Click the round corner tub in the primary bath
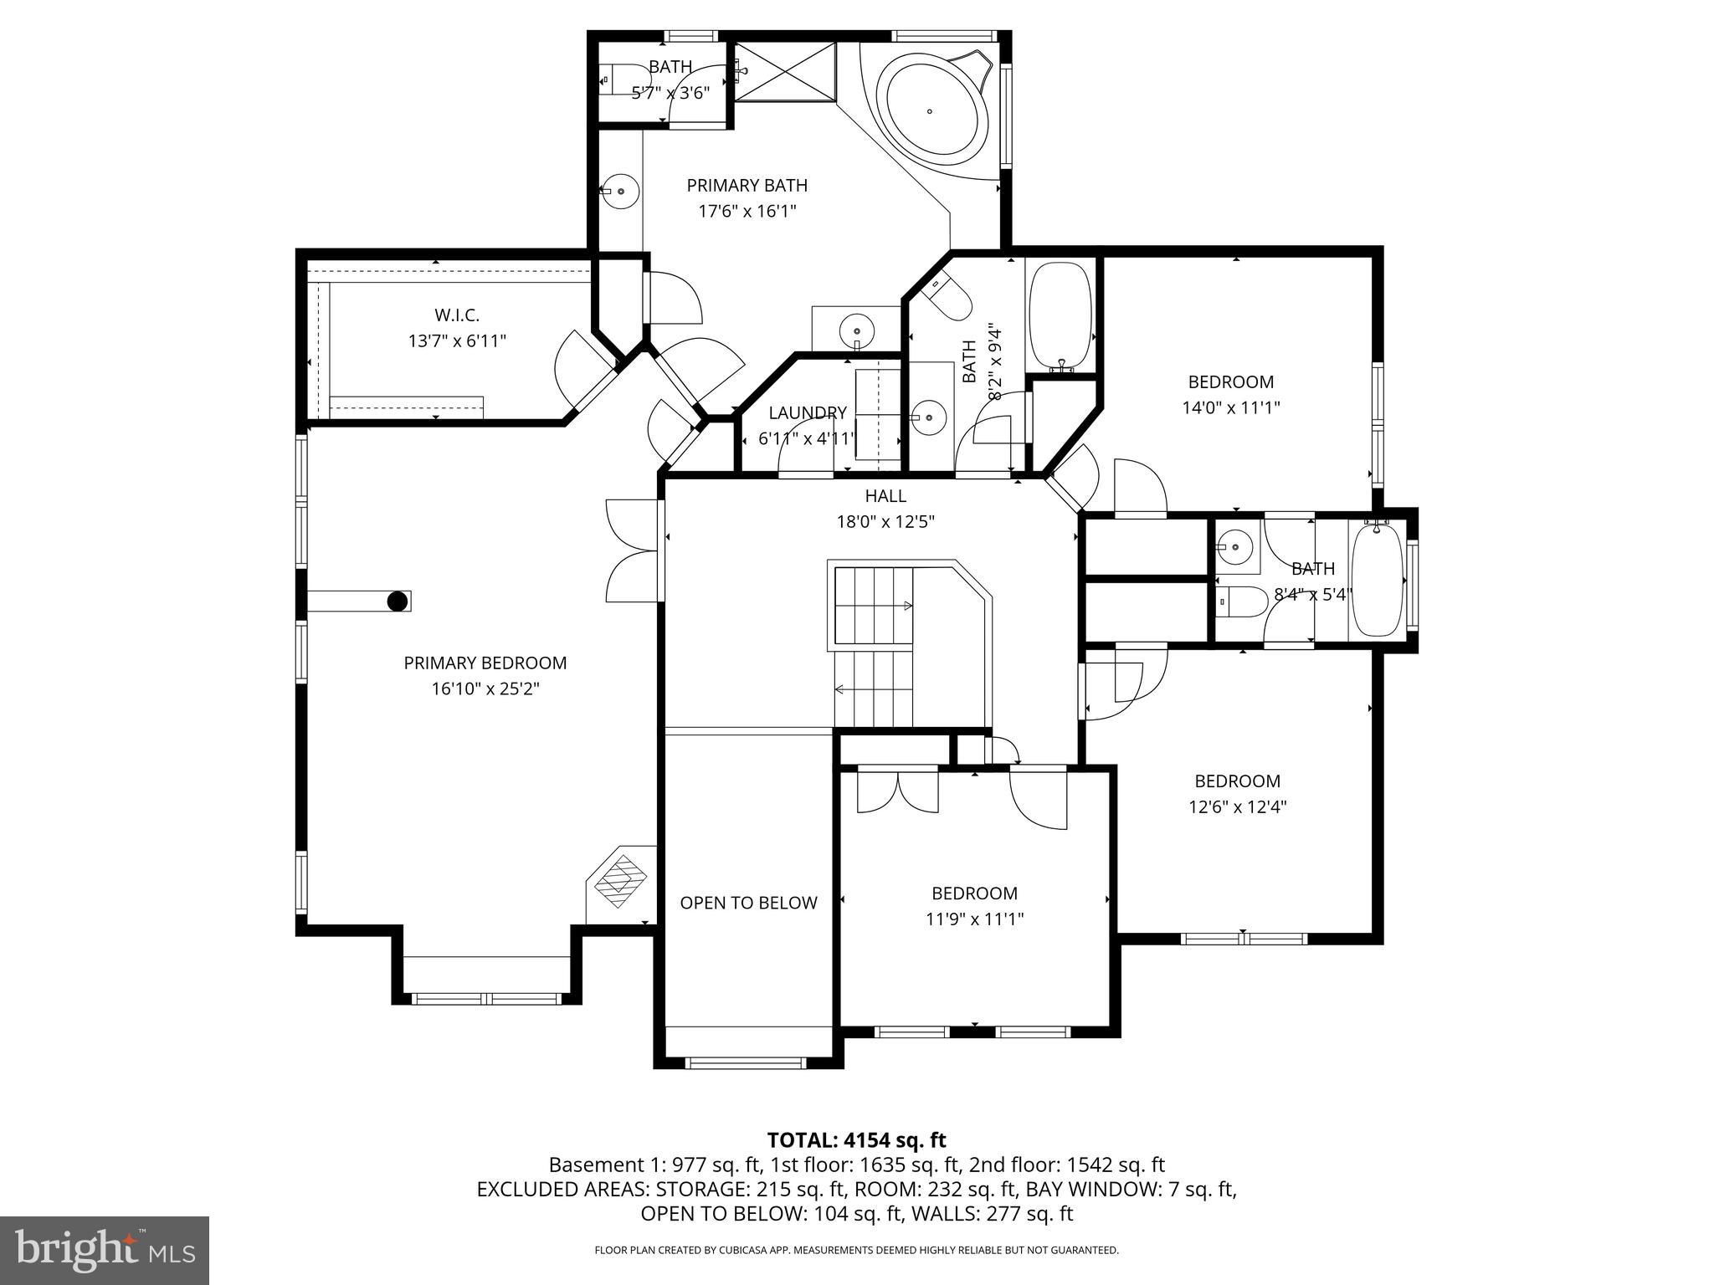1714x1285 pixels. click(x=930, y=111)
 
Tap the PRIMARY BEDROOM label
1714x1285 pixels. click(x=485, y=663)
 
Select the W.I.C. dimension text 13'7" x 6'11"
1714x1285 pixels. click(x=457, y=341)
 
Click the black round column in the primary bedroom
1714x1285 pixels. click(x=398, y=602)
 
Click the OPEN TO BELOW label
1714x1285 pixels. click(x=748, y=903)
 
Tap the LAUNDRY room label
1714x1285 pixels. click(x=807, y=412)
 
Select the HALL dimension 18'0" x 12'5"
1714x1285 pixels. click(x=885, y=522)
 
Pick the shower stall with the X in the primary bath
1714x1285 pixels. click(x=785, y=72)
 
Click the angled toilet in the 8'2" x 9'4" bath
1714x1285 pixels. click(x=949, y=294)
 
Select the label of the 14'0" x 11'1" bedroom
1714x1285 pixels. click(x=1230, y=382)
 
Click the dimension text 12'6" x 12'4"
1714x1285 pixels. click(x=1237, y=807)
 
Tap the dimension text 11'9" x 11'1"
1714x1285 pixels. click(x=974, y=919)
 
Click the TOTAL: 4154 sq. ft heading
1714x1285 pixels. click(x=856, y=1140)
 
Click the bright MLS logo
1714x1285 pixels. click(x=105, y=1250)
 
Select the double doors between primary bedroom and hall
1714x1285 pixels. click(x=633, y=550)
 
